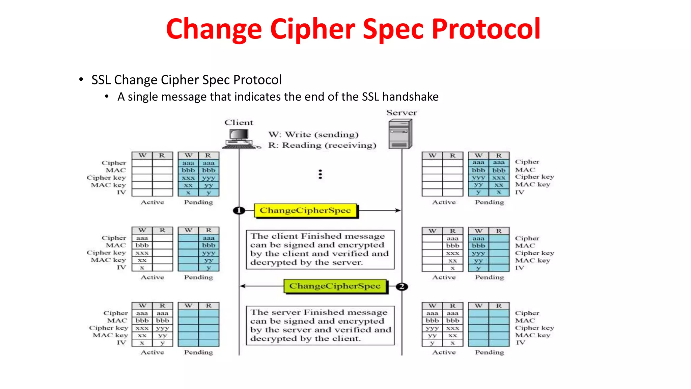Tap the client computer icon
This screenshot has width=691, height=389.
(240, 139)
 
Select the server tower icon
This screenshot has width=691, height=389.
(400, 134)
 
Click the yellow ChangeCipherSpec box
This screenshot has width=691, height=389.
(305, 210)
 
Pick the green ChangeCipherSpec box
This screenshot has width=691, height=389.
(335, 286)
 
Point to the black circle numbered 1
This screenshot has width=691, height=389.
(239, 210)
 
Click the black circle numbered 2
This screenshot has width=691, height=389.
(402, 286)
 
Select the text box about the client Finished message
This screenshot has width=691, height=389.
(320, 249)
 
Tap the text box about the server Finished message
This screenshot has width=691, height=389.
(320, 325)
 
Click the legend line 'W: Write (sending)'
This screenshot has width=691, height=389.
(313, 134)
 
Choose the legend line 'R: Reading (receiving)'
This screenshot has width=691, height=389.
(322, 145)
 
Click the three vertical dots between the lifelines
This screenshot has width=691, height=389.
(320, 174)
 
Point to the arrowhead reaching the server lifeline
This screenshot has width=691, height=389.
(398, 210)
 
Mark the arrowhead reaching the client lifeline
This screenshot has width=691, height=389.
(243, 286)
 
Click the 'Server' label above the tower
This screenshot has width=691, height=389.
(402, 113)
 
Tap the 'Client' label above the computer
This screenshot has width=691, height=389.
(239, 123)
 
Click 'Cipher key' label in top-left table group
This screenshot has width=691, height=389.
(106, 178)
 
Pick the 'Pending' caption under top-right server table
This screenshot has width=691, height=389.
(489, 202)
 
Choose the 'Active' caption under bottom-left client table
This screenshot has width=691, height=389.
(152, 352)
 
